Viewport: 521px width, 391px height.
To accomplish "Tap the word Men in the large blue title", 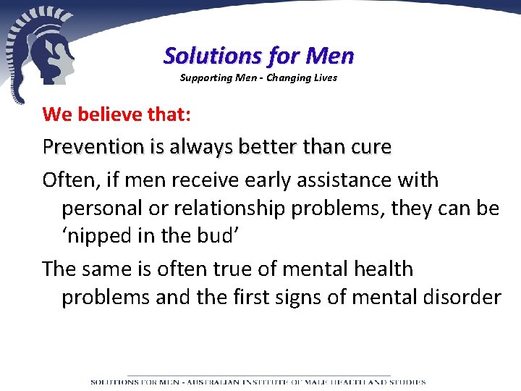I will pos(330,55).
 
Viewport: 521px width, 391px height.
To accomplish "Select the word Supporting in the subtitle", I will pos(203,77).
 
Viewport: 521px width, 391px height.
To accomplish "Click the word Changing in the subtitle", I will pos(287,77).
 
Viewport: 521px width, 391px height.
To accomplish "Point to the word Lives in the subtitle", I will pos(324,77).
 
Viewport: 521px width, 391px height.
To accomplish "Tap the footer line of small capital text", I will pos(258,382).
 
